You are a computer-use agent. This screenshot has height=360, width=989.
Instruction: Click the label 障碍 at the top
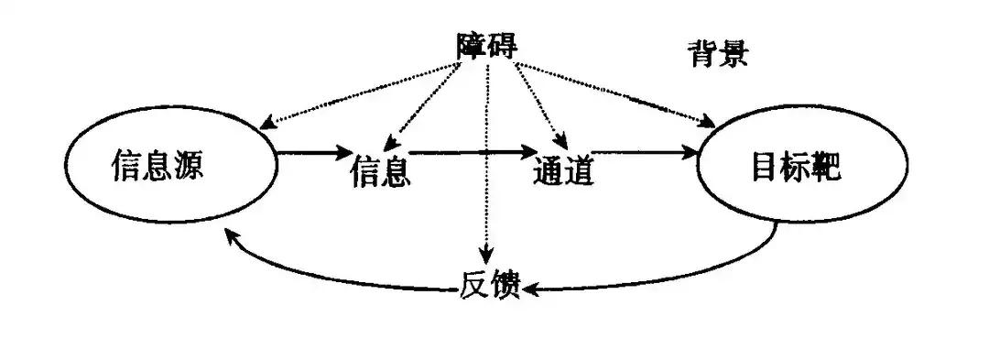487,45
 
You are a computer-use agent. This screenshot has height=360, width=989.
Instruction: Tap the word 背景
718,54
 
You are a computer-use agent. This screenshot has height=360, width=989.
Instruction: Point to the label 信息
379,171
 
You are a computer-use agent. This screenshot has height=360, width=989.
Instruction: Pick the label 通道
561,171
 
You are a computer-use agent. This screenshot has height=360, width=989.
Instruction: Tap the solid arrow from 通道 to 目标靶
641,152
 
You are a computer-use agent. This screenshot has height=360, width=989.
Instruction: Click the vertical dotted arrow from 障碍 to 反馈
488,165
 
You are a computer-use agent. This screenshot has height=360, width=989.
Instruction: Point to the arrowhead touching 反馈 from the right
531,290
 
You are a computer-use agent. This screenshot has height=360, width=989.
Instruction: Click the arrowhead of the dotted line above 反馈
488,256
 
